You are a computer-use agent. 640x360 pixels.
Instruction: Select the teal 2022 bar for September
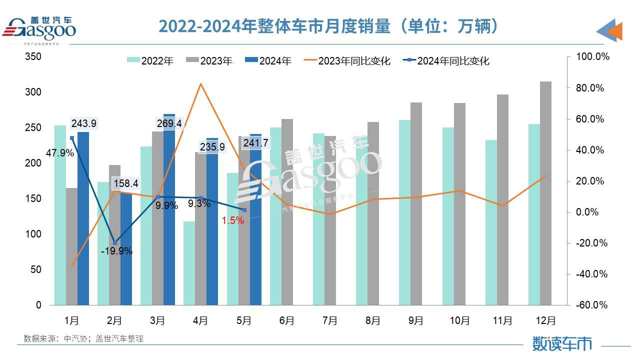[404, 212]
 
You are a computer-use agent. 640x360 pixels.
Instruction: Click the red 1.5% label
[233, 220]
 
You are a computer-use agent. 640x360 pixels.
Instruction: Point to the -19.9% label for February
[116, 251]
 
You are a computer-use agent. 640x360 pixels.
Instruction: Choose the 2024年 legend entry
[268, 61]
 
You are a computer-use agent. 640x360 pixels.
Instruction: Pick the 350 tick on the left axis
[33, 57]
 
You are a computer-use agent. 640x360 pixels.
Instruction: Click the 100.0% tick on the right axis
[593, 57]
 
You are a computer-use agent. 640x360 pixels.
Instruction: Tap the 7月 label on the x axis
[330, 320]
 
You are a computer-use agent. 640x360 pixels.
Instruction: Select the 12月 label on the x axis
[545, 320]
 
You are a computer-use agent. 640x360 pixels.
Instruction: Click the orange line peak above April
[200, 83]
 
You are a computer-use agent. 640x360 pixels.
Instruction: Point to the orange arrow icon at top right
[611, 31]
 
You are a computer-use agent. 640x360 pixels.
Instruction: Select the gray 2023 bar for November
[502, 199]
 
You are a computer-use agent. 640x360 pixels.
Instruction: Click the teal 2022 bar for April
[189, 263]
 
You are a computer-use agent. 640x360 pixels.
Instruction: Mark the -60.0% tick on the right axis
[593, 305]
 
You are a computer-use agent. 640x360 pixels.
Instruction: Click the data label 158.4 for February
[125, 184]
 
